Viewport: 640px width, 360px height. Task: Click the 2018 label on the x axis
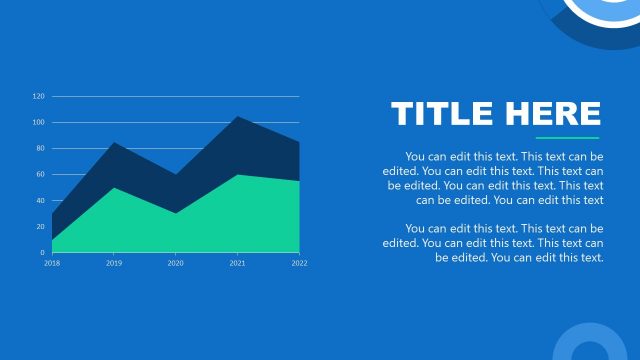pyautogui.click(x=52, y=263)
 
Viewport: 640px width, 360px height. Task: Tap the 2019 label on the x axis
pyautogui.click(x=114, y=263)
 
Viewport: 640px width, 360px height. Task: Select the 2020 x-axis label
pyautogui.click(x=176, y=263)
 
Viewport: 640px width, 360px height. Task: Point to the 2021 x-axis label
pyautogui.click(x=237, y=263)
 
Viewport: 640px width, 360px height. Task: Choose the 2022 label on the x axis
pyautogui.click(x=299, y=263)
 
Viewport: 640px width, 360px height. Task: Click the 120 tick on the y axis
pyautogui.click(x=39, y=97)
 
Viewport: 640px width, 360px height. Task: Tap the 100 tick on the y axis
pyautogui.click(x=39, y=123)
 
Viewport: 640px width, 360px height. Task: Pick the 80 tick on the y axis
pyautogui.click(x=40, y=149)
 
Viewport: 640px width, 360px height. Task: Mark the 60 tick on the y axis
pyautogui.click(x=40, y=175)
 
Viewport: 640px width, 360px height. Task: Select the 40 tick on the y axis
pyautogui.click(x=40, y=201)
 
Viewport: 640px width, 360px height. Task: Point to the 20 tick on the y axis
pyautogui.click(x=40, y=227)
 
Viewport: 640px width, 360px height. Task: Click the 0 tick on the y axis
pyautogui.click(x=42, y=253)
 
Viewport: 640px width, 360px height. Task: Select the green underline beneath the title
pyautogui.click(x=567, y=138)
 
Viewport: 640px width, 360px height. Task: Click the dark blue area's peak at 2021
pyautogui.click(x=237, y=119)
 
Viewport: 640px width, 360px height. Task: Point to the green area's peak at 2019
pyautogui.click(x=114, y=190)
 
